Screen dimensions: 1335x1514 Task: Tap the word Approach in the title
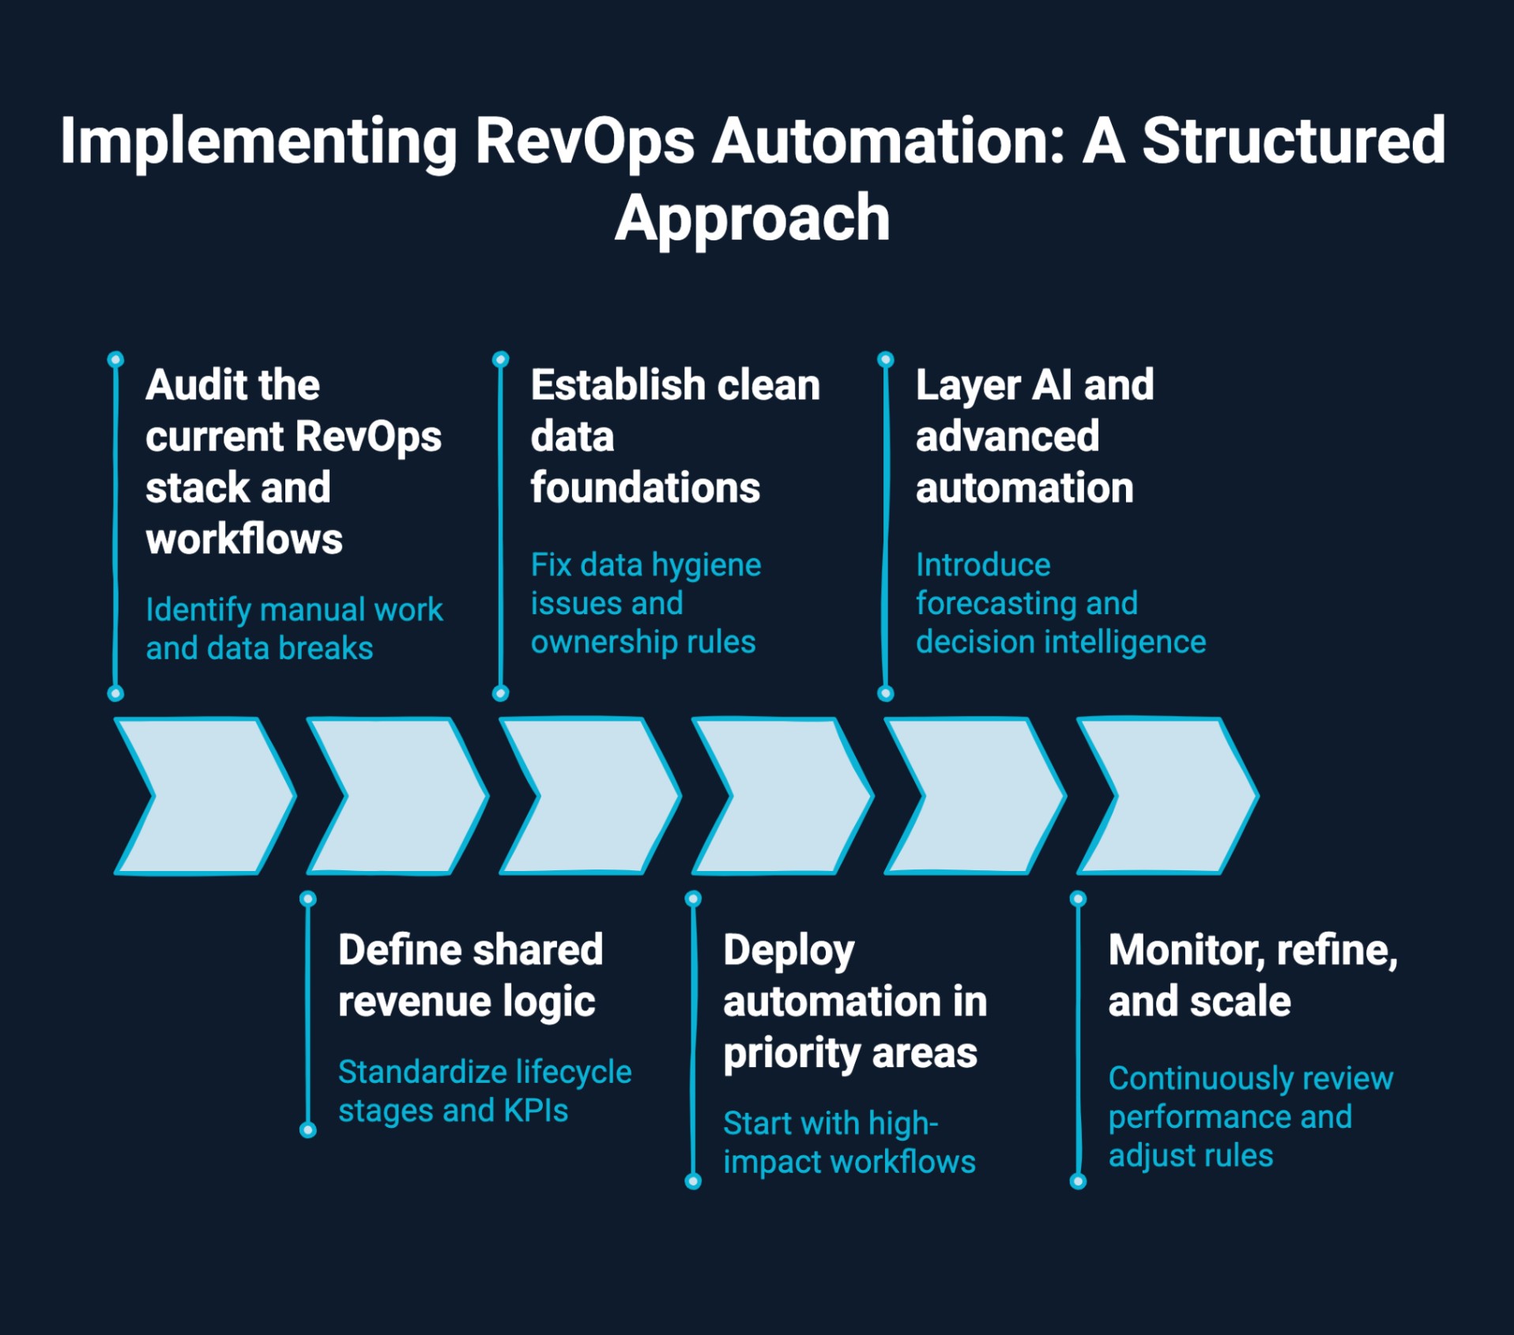point(752,219)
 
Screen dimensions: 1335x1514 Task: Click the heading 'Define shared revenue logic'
point(470,975)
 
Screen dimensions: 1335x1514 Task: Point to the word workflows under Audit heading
point(244,540)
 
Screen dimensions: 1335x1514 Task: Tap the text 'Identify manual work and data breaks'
point(294,629)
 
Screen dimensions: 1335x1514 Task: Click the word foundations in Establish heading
point(645,488)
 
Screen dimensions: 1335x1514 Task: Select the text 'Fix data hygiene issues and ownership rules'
point(646,604)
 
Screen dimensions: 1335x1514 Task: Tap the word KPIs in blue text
point(536,1111)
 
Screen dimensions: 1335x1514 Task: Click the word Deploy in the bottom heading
point(789,951)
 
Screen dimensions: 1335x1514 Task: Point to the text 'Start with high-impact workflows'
point(849,1143)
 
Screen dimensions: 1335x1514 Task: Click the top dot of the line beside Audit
point(115,360)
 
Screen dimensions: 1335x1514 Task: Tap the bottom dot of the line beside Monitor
point(1078,1182)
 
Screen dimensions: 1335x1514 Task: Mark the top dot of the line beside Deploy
point(693,899)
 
